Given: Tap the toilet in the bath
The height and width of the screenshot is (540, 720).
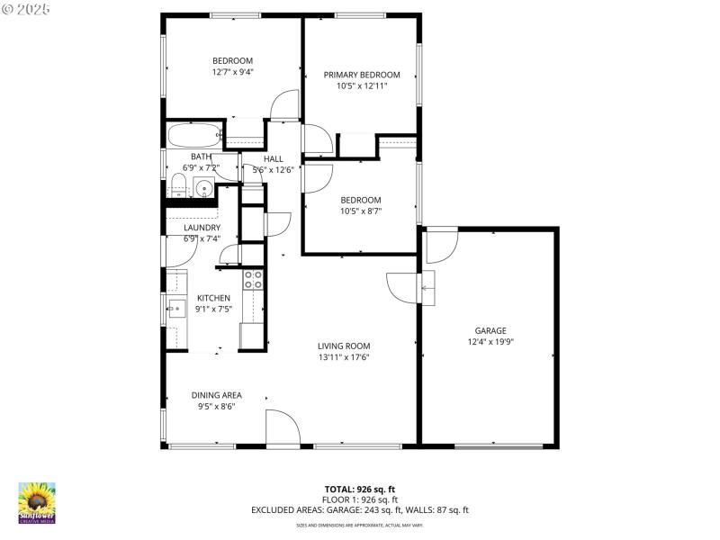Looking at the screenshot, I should coord(178,187).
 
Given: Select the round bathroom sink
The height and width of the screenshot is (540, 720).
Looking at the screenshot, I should coord(204,190).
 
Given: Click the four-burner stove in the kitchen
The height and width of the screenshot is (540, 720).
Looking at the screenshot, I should coord(253,280).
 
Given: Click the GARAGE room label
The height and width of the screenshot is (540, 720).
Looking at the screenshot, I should coord(490,330).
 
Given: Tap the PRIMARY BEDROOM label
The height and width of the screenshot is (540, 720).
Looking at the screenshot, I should coord(362,75).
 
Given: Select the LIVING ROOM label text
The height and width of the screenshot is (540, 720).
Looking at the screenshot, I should coord(343,346).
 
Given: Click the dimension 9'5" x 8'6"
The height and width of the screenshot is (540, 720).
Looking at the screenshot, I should coord(216,406).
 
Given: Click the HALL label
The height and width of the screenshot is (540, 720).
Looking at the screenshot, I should coord(273,158).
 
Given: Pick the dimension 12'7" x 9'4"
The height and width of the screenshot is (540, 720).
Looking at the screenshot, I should coord(232,72).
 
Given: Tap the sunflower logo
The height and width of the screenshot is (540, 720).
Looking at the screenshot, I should coord(37,502).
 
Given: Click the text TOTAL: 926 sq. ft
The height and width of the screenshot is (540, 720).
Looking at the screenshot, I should coord(360,488).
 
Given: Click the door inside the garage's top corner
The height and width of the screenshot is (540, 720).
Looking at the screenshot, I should coord(441,244).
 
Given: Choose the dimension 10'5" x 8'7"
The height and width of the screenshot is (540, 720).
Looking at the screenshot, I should coord(360,211).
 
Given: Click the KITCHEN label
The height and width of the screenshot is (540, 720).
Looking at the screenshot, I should coord(214,298).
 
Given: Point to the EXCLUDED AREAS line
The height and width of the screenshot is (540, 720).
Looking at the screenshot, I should coord(360,510).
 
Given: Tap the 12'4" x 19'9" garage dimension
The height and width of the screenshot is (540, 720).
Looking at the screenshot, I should coord(490,342).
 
